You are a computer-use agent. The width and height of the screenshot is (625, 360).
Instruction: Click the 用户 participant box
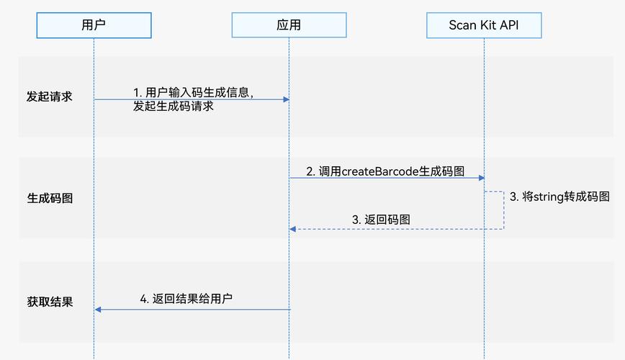pos(94,25)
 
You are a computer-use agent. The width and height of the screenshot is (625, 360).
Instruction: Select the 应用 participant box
pos(289,25)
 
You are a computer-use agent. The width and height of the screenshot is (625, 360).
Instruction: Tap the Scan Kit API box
pos(483,25)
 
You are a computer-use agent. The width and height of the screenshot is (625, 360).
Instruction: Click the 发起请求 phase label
pos(50,96)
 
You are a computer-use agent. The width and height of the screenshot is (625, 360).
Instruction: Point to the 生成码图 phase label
pos(50,199)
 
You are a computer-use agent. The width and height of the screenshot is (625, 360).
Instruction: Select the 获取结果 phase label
pos(50,302)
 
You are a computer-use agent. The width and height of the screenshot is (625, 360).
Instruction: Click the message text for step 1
pos(193,99)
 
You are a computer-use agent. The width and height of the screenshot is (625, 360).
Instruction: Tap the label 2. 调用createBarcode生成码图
pos(385,171)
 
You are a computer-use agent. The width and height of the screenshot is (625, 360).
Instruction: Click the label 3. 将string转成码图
pos(559,197)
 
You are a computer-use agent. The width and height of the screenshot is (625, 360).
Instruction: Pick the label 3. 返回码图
pos(381,220)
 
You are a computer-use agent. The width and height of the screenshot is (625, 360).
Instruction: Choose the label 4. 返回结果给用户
pos(186,299)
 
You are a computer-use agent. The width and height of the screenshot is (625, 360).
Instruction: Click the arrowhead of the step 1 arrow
pos(286,99)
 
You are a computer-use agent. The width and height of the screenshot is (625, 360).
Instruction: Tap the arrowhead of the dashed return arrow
pos(292,229)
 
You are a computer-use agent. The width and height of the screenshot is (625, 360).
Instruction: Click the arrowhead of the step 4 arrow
pos(98,310)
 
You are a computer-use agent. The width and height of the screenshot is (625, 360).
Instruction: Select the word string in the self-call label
pos(548,197)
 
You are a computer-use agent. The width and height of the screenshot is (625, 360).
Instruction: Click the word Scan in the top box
pos(462,25)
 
